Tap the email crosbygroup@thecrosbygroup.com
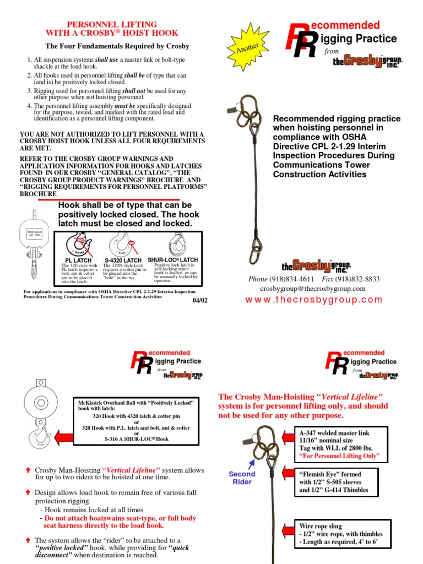pyautogui.click(x=312, y=289)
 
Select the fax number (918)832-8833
pyautogui.click(x=360, y=279)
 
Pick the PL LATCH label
pyautogui.click(x=79, y=261)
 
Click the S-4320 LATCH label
pyautogui.click(x=123, y=261)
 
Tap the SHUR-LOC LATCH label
pyautogui.click(x=173, y=260)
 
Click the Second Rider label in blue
pyautogui.click(x=242, y=478)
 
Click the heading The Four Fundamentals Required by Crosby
pyautogui.click(x=117, y=46)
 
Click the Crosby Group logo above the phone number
pyautogui.click(x=316, y=266)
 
